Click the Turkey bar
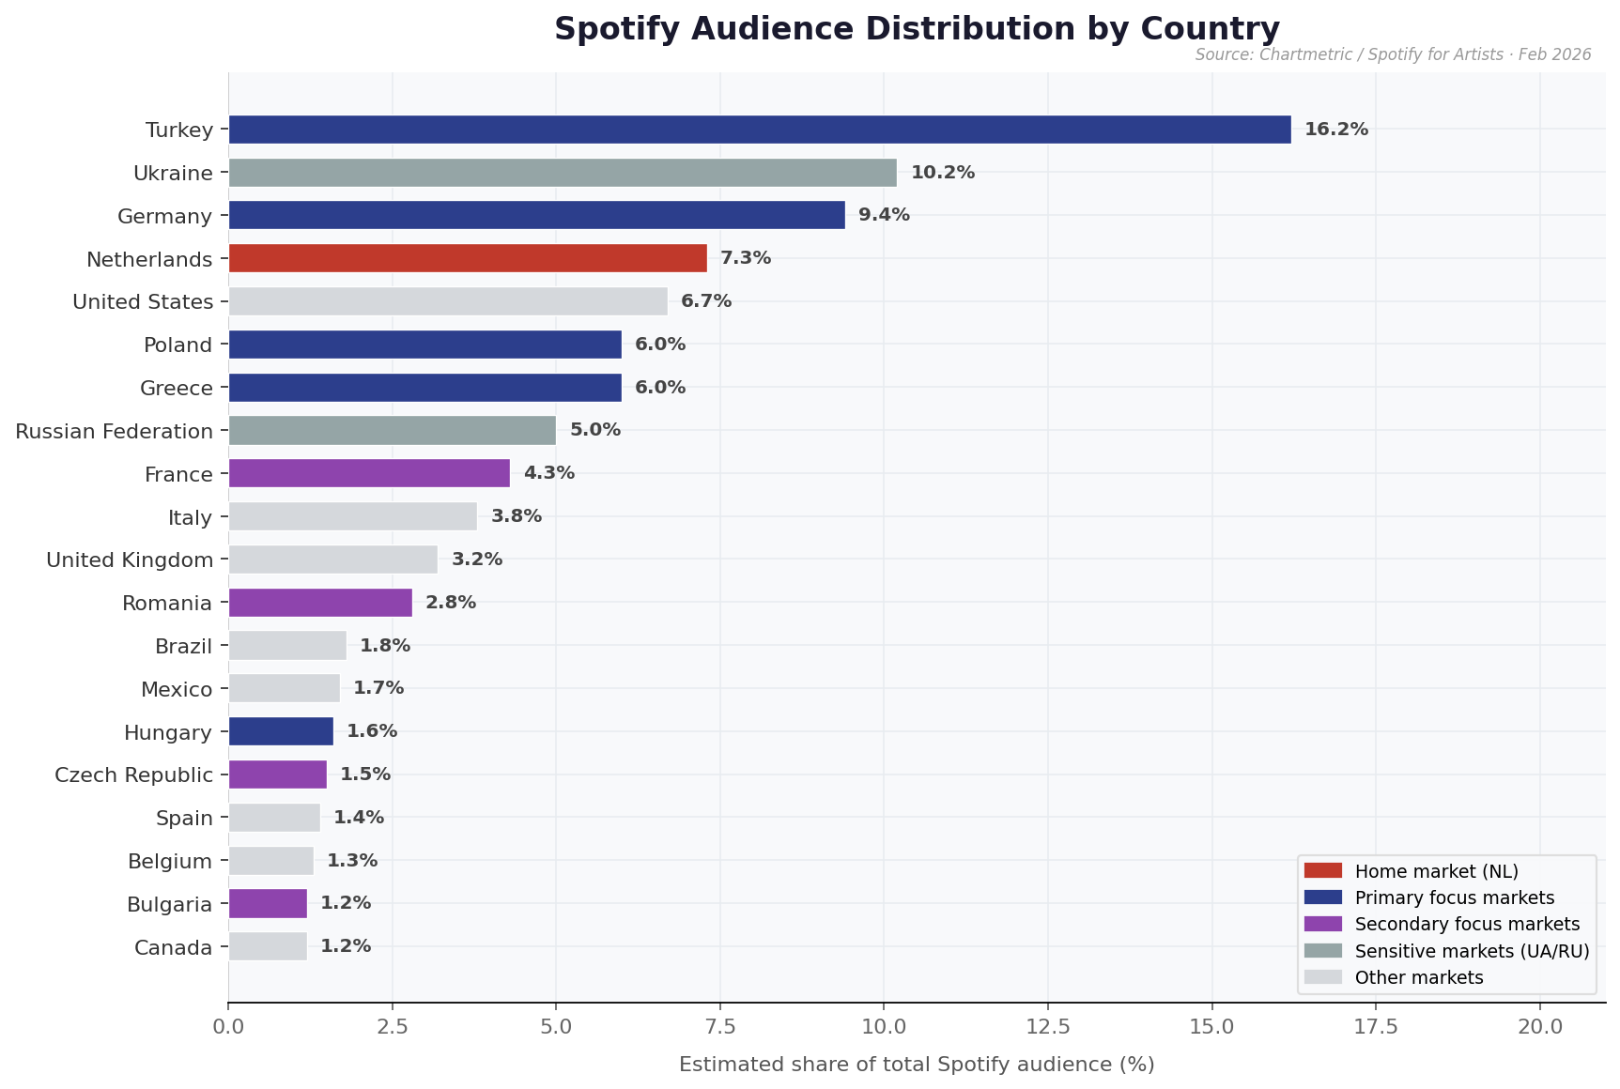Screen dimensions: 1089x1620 tap(759, 130)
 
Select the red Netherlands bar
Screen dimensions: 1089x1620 tap(467, 258)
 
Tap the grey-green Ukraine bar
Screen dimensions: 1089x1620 tap(562, 173)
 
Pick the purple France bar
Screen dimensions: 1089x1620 tap(368, 473)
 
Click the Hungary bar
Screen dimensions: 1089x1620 tap(280, 731)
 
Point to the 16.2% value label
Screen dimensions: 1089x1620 tap(1335, 130)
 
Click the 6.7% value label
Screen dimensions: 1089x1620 tap(705, 301)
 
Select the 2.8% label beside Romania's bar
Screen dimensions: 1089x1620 tap(451, 603)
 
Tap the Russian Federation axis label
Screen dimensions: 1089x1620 tap(115, 432)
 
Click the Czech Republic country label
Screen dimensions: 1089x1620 tap(133, 775)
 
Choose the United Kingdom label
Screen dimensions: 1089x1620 tap(130, 560)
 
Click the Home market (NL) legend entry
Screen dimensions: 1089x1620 tap(1436, 871)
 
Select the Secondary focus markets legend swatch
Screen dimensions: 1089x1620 tap(1323, 924)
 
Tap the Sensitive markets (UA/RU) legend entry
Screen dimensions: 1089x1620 tap(1471, 951)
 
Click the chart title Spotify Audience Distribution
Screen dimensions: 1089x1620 tap(916, 29)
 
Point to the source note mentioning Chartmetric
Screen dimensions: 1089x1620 tap(1393, 54)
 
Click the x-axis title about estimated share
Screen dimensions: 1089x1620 tap(916, 1065)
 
